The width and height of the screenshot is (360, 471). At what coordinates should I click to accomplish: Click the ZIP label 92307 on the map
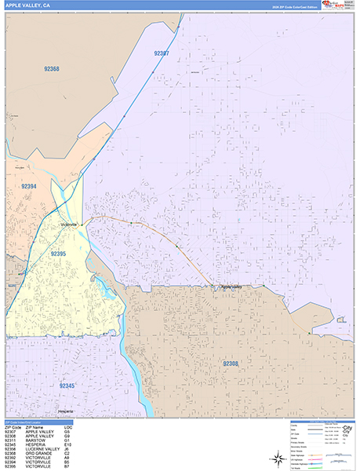point(162,53)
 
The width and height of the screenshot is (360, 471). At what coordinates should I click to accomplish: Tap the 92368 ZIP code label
point(52,69)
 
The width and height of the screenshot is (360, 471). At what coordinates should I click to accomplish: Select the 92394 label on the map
point(29,186)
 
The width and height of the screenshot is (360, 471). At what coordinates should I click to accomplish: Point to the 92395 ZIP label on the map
point(59,254)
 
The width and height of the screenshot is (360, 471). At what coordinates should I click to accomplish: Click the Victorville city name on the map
point(69,225)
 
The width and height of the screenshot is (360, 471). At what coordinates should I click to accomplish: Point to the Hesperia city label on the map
point(65,411)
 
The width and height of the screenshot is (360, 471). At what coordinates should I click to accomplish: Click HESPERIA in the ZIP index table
point(38,445)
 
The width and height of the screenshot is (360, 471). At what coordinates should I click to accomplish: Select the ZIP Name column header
point(36,427)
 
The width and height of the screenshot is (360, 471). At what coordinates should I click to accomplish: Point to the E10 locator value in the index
point(67,445)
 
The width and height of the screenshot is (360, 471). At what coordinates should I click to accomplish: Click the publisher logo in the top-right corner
point(337,5)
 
